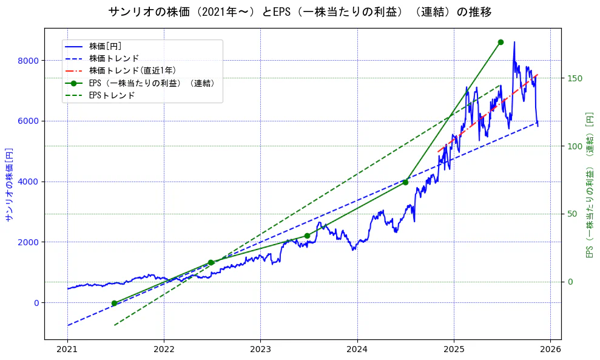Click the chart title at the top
pos(300,12)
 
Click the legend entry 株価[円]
pos(106,46)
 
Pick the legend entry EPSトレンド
pos(112,95)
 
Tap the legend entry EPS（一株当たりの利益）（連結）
pos(152,83)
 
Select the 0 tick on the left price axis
pos(36,303)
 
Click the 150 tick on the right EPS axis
pos(575,78)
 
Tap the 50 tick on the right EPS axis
pos(572,214)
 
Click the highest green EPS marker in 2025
pos(501,42)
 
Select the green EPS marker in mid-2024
pos(405,182)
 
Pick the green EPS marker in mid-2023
pos(307,236)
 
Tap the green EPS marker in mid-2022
pos(211,262)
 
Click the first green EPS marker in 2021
pos(114,303)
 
